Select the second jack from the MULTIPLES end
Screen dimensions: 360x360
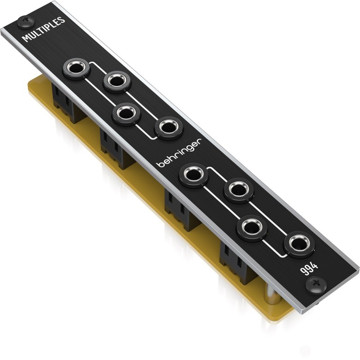(117, 81)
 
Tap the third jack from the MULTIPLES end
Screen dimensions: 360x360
(126, 113)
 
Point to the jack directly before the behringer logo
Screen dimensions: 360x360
(169, 128)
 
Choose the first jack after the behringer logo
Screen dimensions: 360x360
(193, 174)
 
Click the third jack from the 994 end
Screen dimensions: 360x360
(238, 189)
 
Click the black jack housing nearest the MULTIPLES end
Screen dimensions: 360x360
(65, 101)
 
